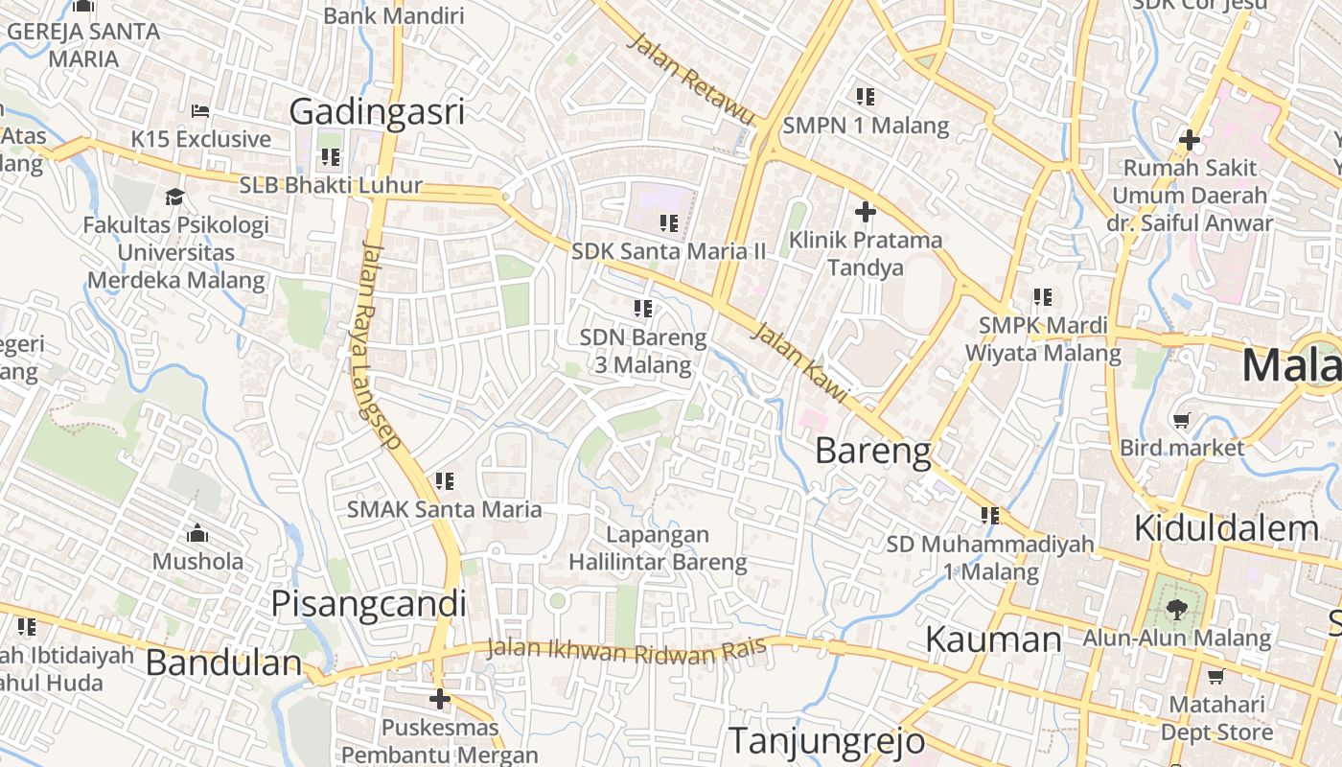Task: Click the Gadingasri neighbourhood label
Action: click(x=377, y=111)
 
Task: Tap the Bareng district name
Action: click(x=872, y=451)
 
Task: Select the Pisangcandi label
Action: click(x=368, y=604)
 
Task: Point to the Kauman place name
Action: click(x=993, y=639)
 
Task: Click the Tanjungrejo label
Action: click(x=826, y=740)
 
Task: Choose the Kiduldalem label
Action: click(x=1226, y=527)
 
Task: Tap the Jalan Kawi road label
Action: click(x=798, y=361)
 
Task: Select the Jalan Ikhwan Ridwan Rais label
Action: click(x=627, y=650)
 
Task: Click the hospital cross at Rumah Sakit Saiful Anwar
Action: click(x=1190, y=140)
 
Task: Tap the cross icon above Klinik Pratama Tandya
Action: click(x=866, y=212)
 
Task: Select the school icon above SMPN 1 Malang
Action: click(x=866, y=97)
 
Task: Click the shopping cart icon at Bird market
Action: click(x=1182, y=420)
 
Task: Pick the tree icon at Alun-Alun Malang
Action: click(x=1176, y=608)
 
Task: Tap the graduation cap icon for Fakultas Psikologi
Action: click(x=174, y=197)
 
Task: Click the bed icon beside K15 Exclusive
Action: click(x=200, y=111)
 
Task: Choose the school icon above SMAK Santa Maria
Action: click(x=444, y=480)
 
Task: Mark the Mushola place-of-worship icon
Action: click(x=197, y=533)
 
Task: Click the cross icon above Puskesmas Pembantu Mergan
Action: click(x=440, y=699)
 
